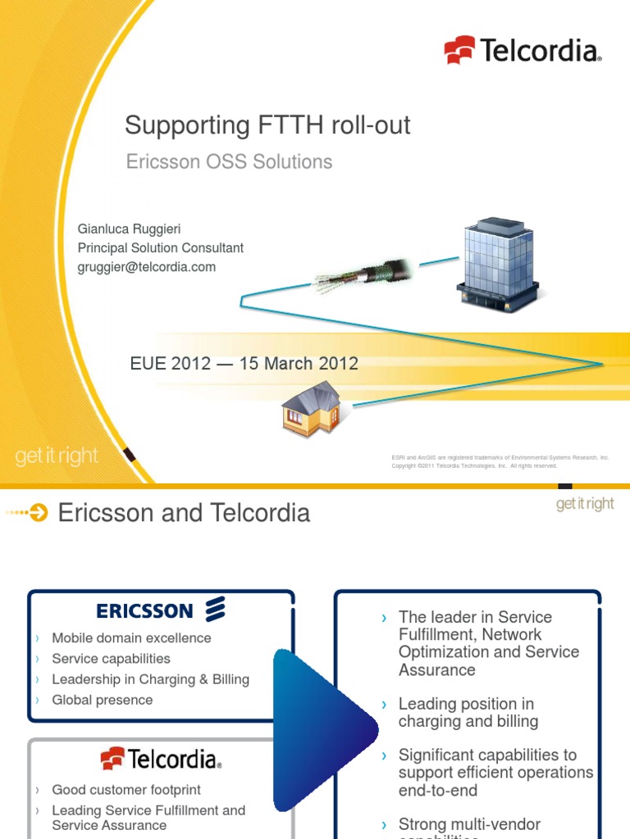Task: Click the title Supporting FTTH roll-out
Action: coord(267,126)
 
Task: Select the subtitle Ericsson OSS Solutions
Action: coord(229,161)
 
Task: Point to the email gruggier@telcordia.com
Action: coord(147,267)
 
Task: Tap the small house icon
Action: coord(311,409)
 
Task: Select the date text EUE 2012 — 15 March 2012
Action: coord(244,364)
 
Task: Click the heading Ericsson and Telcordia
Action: coord(184,513)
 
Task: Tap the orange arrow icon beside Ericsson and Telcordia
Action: coord(39,514)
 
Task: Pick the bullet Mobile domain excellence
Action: coord(131,638)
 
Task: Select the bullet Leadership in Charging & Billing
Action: coord(150,679)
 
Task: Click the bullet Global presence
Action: coord(102,700)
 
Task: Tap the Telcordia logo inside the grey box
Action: coord(161,759)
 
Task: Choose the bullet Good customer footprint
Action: coord(126,790)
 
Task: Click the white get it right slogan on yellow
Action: coord(57,456)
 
